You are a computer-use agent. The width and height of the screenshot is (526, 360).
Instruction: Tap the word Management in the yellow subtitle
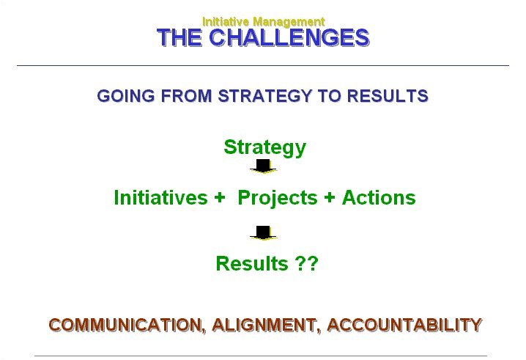289,22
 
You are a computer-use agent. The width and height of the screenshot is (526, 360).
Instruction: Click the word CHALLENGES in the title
289,37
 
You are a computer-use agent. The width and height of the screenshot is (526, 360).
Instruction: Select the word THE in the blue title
179,37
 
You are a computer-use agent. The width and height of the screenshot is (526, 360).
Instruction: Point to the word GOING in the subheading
126,96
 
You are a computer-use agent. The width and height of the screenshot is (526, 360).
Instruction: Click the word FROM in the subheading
187,96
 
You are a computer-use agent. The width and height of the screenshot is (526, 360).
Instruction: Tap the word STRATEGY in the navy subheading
265,96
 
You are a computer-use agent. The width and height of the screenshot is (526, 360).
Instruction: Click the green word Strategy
265,148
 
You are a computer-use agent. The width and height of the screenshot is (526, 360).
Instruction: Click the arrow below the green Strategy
263,166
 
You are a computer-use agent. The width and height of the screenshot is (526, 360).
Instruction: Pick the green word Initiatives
160,197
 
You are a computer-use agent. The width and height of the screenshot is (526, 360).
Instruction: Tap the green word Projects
278,198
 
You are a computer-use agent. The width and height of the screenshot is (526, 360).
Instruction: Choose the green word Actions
379,197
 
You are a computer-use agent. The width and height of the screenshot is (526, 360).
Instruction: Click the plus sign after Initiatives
219,197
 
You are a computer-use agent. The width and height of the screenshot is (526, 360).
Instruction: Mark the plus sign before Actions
330,197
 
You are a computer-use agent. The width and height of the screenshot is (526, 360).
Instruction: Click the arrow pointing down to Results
263,233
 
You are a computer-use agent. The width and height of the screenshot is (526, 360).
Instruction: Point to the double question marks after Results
307,263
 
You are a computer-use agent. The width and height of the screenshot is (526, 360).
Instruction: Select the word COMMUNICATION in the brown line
127,325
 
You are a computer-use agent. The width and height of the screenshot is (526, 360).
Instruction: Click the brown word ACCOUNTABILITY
404,325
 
